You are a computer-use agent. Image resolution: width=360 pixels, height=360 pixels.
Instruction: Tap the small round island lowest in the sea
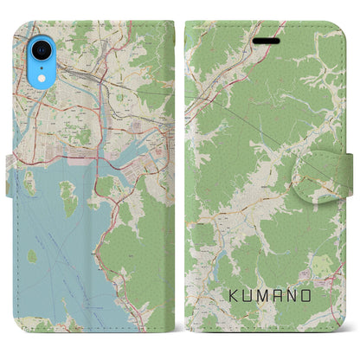(x=32, y=256)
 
